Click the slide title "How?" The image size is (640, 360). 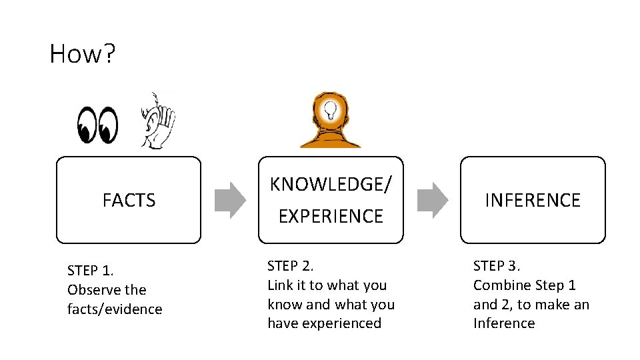click(x=82, y=53)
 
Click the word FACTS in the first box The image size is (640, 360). click(x=129, y=200)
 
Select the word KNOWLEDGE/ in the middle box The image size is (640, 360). click(x=331, y=185)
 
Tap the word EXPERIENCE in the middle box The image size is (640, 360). click(x=331, y=216)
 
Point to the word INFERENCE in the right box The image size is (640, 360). click(x=533, y=200)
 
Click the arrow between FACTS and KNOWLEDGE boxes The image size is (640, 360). click(x=230, y=200)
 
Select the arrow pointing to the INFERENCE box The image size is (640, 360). click(x=433, y=200)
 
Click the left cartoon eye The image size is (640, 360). click(x=87, y=125)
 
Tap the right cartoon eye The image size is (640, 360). click(x=107, y=125)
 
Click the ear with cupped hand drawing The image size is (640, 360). click(x=157, y=120)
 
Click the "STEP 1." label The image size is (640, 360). click(x=91, y=271)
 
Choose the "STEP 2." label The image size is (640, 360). click(x=290, y=266)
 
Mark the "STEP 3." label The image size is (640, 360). click(x=496, y=266)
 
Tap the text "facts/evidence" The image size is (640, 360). click(x=115, y=309)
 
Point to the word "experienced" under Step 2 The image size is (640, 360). click(x=343, y=323)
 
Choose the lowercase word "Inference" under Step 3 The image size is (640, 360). click(x=504, y=323)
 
